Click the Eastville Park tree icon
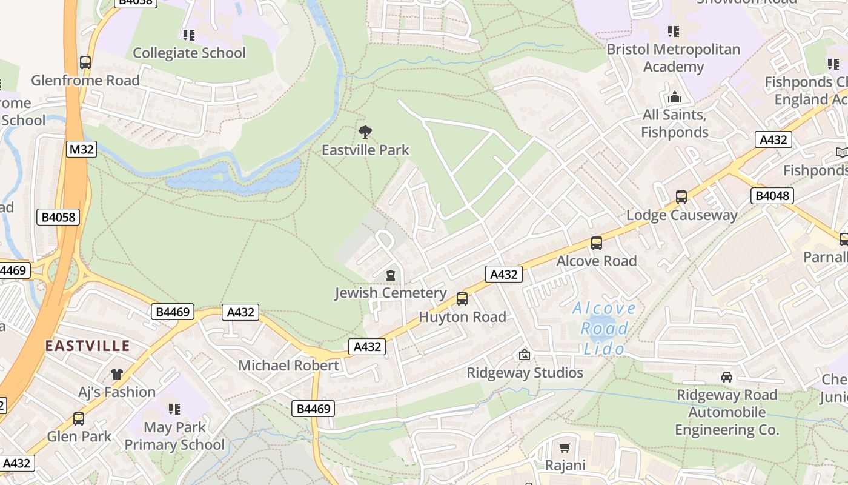click(365, 132)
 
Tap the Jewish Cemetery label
click(390, 293)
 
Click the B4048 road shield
click(772, 196)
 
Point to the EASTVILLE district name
click(88, 346)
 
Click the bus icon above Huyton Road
click(462, 298)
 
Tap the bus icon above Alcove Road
click(597, 243)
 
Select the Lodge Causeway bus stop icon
click(681, 196)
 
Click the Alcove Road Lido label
click(604, 329)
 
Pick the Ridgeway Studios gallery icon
click(525, 355)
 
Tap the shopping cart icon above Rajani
click(565, 448)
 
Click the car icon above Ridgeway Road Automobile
click(726, 377)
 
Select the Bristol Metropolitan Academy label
click(673, 58)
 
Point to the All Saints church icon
click(674, 97)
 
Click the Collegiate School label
click(189, 53)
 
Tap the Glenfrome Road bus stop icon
click(85, 62)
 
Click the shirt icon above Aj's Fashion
click(116, 374)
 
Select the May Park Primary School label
click(174, 436)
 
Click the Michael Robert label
click(288, 366)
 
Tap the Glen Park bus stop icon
click(79, 418)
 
